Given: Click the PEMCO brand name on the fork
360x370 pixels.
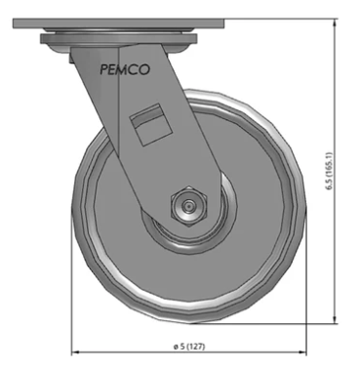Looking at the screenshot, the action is click(x=125, y=69).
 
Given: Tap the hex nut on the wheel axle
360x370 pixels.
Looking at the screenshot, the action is click(x=187, y=206).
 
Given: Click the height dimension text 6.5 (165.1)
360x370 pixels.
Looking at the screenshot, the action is click(x=330, y=170).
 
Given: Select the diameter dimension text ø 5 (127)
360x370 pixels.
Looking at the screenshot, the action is click(x=189, y=347).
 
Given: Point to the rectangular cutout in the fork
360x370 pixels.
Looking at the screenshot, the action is click(x=151, y=124).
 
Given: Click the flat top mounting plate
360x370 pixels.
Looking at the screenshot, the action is click(x=119, y=23).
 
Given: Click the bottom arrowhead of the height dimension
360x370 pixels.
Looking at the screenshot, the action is click(x=335, y=320).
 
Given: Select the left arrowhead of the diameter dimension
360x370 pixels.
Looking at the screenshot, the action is click(x=75, y=351).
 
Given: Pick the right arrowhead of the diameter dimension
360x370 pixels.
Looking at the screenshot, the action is click(x=302, y=351).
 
